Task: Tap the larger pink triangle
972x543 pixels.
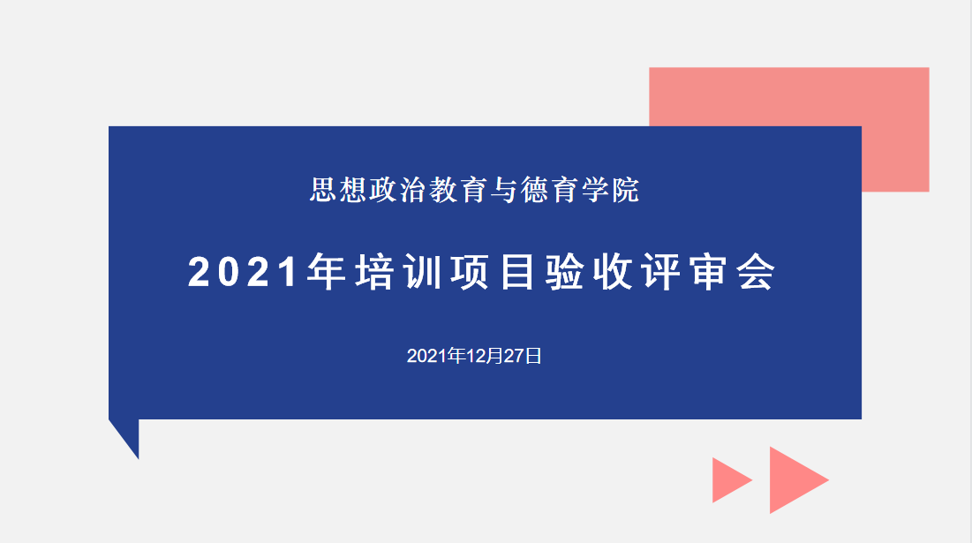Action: tap(790, 479)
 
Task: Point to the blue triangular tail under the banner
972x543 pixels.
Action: tap(128, 434)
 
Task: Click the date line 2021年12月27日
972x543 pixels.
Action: tap(474, 356)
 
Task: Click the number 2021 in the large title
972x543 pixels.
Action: tap(243, 272)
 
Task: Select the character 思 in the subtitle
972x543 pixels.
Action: tap(324, 190)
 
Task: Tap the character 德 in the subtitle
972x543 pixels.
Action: tap(535, 190)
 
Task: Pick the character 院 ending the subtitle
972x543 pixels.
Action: tap(625, 190)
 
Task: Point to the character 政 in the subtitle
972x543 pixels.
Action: tap(384, 190)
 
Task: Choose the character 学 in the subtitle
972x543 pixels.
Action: tap(595, 190)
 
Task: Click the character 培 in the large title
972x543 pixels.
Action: tap(375, 272)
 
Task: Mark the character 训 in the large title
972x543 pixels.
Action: tap(423, 272)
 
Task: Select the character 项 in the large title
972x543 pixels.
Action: tap(471, 272)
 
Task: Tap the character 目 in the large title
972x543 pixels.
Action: tap(517, 272)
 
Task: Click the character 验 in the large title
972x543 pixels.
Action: tap(565, 272)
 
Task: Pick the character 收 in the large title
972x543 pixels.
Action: tap(613, 272)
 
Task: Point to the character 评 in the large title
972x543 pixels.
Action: tap(661, 272)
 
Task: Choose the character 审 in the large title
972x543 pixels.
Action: tap(709, 272)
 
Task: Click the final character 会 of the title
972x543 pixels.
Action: tap(757, 272)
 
